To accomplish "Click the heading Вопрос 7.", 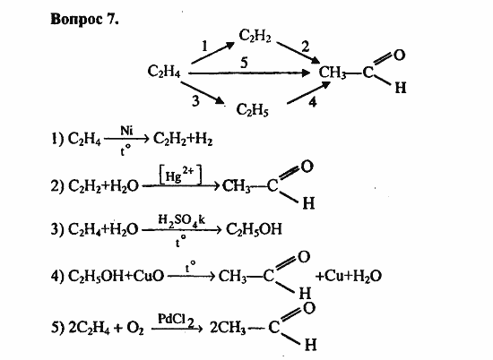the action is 84,20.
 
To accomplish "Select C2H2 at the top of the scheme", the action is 255,36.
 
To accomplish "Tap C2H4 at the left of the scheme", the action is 164,72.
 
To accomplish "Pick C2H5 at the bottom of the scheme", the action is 253,110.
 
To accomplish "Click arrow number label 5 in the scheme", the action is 245,63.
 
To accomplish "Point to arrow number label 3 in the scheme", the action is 196,101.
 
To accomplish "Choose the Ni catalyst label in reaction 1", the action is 126,130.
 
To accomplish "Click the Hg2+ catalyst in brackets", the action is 180,176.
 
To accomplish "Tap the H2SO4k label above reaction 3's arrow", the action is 181,220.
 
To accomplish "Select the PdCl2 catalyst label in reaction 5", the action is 176,320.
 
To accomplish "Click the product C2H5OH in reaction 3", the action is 254,229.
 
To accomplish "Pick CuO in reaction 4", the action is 149,276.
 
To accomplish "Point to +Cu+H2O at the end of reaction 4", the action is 349,276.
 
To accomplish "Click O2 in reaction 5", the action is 135,329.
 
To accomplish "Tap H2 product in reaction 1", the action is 203,139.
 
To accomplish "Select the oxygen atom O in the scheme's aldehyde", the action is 399,56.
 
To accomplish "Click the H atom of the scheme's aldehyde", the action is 401,88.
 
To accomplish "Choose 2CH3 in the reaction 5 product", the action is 228,329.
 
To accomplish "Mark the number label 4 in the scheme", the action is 312,102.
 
